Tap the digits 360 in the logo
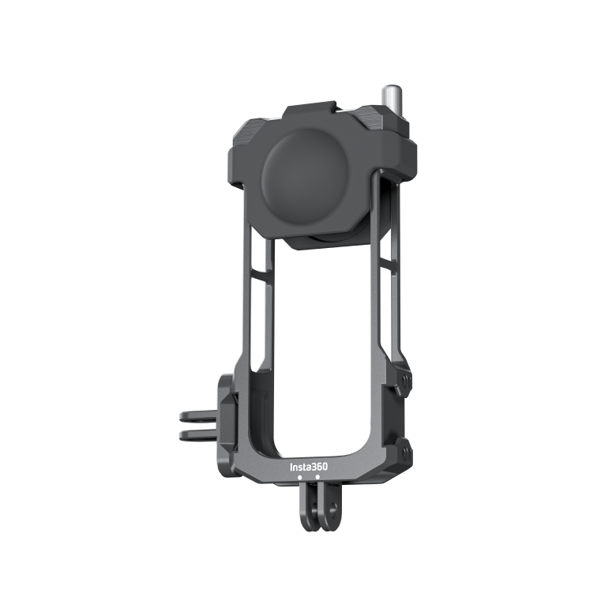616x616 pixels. pos(317,467)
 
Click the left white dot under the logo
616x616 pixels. pos(299,478)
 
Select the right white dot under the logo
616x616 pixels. pos(317,477)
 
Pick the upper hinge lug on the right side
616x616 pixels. pos(406,383)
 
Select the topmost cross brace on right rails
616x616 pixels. pos(385,261)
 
